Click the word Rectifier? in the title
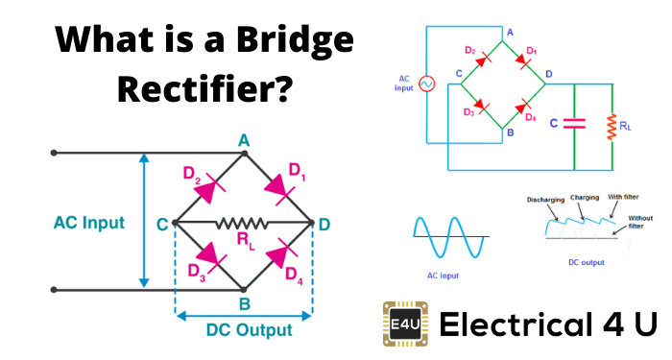(203, 91)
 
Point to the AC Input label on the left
(88, 223)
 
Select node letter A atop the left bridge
(244, 141)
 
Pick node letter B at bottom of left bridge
(244, 304)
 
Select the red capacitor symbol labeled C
(573, 123)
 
